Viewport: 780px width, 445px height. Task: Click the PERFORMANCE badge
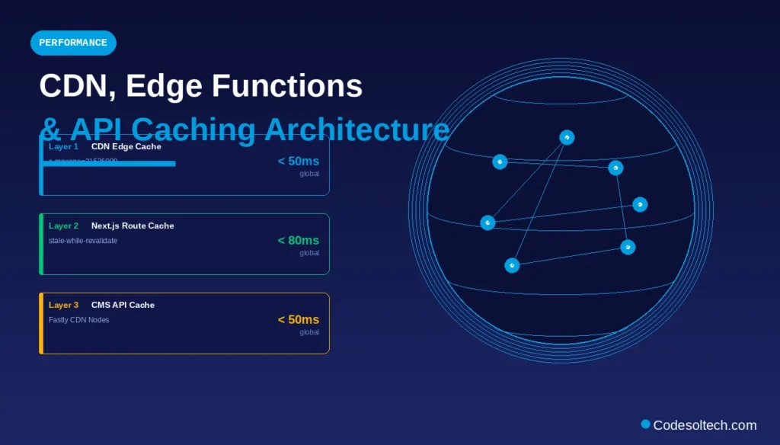click(73, 43)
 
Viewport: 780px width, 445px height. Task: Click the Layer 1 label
click(63, 146)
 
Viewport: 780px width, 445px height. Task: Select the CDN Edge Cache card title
click(126, 146)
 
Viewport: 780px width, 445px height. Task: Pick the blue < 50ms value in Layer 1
click(298, 162)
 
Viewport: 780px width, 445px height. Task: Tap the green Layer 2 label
click(63, 226)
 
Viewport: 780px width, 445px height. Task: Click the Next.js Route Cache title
click(133, 226)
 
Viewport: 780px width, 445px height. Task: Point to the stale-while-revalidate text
click(83, 241)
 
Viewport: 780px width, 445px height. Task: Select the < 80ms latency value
click(298, 241)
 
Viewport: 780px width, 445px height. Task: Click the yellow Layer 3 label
click(63, 305)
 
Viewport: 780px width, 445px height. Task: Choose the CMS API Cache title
click(123, 305)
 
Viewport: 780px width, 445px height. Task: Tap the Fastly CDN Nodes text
click(78, 320)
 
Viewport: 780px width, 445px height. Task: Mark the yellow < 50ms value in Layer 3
click(298, 320)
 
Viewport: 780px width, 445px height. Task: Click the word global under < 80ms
click(308, 253)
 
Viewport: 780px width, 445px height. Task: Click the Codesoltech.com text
click(705, 425)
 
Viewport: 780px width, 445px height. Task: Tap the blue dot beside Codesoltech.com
click(645, 424)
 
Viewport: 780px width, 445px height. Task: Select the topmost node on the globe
click(567, 137)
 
